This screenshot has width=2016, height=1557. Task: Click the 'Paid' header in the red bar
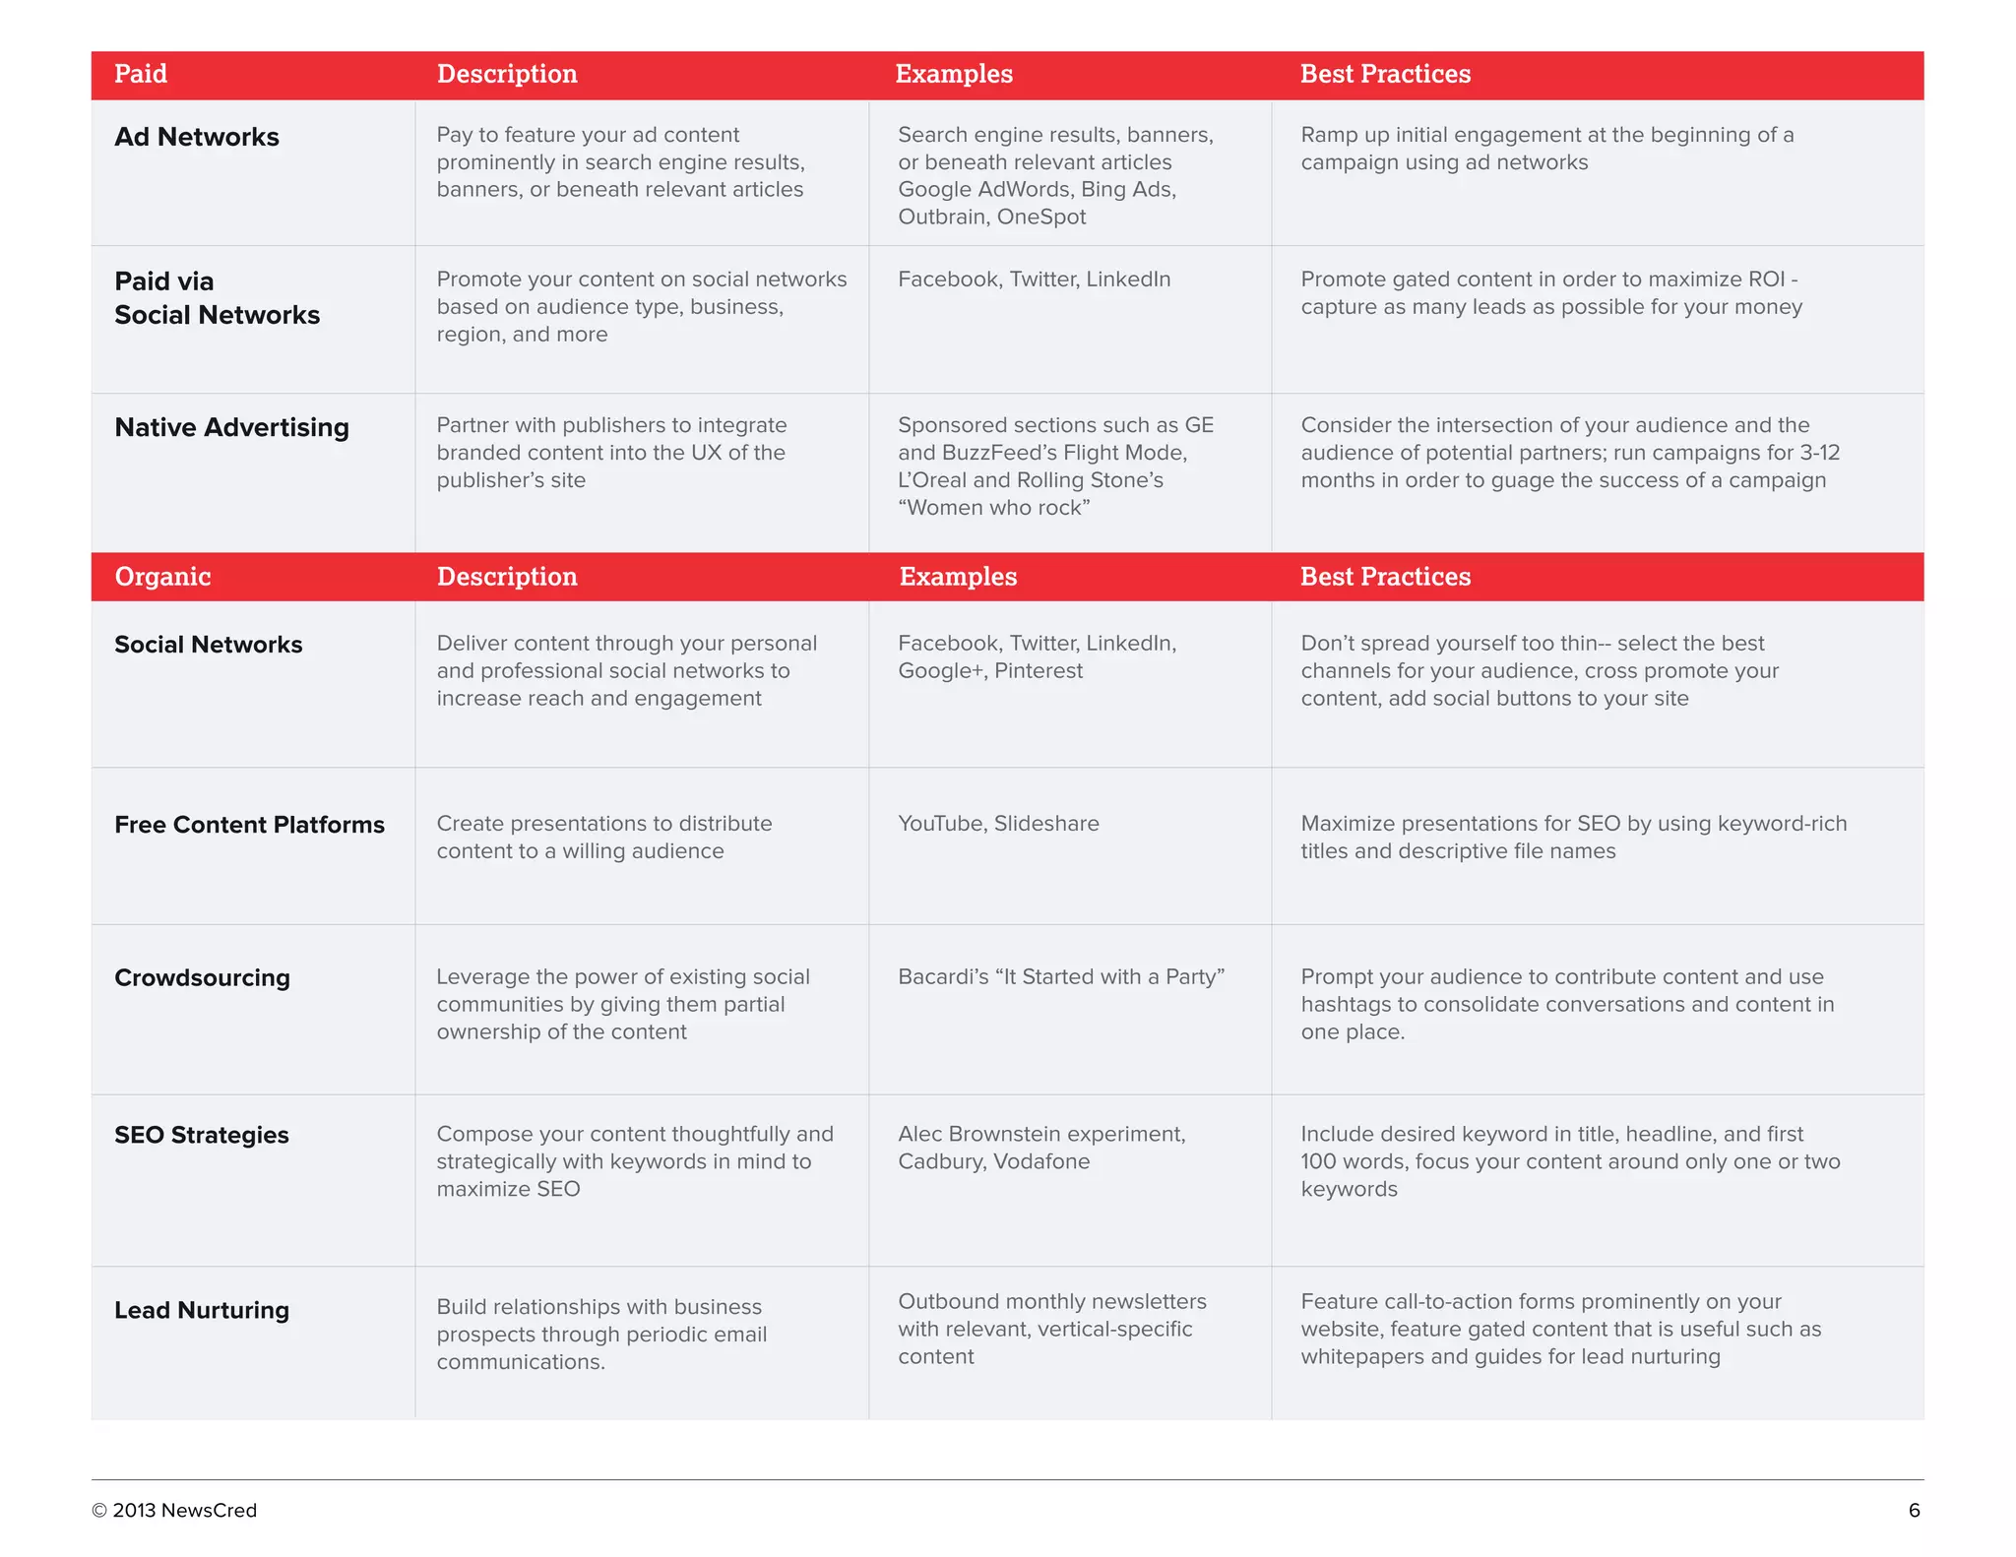[141, 74]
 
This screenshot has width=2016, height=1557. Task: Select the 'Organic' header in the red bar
[162, 577]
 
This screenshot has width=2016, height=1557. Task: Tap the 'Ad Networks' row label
[197, 137]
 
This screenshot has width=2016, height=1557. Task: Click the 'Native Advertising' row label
[231, 427]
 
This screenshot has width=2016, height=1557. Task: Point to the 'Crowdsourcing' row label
[202, 977]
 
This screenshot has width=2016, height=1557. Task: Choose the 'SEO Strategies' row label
[202, 1135]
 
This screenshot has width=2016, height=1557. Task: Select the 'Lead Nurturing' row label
[202, 1310]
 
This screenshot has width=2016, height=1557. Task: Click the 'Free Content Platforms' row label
[249, 825]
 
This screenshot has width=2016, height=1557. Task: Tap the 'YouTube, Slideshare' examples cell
[998, 824]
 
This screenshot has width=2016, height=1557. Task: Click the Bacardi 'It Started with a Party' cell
[1061, 976]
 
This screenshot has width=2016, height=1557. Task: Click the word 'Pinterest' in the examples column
[1039, 671]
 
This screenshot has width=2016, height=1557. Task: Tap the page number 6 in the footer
[1914, 1511]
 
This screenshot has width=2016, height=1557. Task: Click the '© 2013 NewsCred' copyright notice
[174, 1511]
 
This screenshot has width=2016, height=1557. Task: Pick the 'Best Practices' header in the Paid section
[1385, 74]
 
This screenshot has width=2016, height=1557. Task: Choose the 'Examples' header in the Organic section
[958, 577]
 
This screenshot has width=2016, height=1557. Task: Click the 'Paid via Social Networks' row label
[217, 298]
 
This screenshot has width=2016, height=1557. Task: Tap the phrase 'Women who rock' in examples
[994, 508]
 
